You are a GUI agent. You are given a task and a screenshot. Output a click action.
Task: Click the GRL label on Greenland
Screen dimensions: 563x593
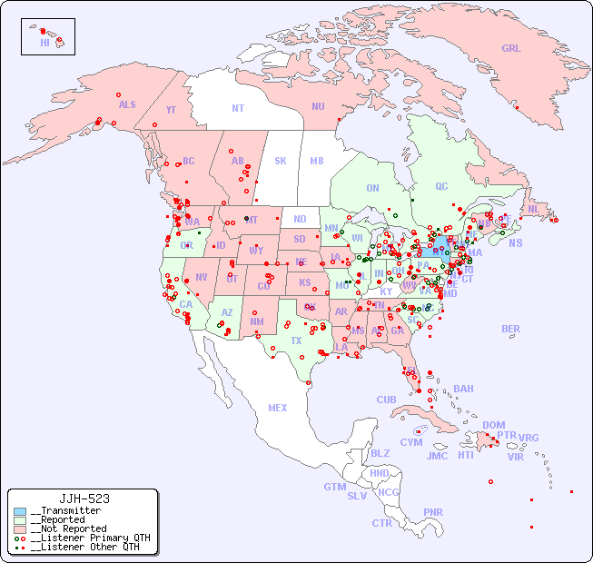tap(511, 49)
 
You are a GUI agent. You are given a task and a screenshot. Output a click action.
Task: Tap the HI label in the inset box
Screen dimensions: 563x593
tap(44, 43)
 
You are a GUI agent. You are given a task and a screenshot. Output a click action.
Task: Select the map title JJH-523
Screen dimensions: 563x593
tap(84, 499)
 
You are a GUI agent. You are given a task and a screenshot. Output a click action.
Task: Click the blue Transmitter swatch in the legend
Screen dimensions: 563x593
tap(20, 511)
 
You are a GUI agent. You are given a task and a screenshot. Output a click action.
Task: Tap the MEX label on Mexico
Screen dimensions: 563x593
tap(278, 408)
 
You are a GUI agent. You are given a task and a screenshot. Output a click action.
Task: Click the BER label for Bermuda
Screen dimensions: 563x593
tap(511, 329)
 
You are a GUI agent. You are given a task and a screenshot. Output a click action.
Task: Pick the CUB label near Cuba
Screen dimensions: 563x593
tap(386, 400)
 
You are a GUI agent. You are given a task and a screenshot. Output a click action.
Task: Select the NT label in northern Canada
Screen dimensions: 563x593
tap(238, 108)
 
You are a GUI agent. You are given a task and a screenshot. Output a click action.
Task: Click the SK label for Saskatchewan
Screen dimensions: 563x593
tap(281, 161)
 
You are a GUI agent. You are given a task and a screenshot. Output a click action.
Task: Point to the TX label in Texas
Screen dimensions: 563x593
tap(296, 341)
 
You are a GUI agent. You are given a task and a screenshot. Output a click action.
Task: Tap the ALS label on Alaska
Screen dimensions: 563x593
tap(127, 104)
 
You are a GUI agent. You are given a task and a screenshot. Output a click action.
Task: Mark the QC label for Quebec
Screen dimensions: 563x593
tap(441, 187)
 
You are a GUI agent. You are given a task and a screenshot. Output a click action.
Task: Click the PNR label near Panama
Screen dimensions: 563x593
tap(433, 512)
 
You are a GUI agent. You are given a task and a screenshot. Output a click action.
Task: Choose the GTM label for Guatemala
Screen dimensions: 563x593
tap(334, 487)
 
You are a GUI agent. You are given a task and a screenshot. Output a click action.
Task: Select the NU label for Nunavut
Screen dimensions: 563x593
tap(318, 106)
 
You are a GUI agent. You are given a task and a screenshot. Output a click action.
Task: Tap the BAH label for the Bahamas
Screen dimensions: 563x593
tap(463, 389)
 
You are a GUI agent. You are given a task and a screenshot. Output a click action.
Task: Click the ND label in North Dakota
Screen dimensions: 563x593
tap(300, 219)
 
